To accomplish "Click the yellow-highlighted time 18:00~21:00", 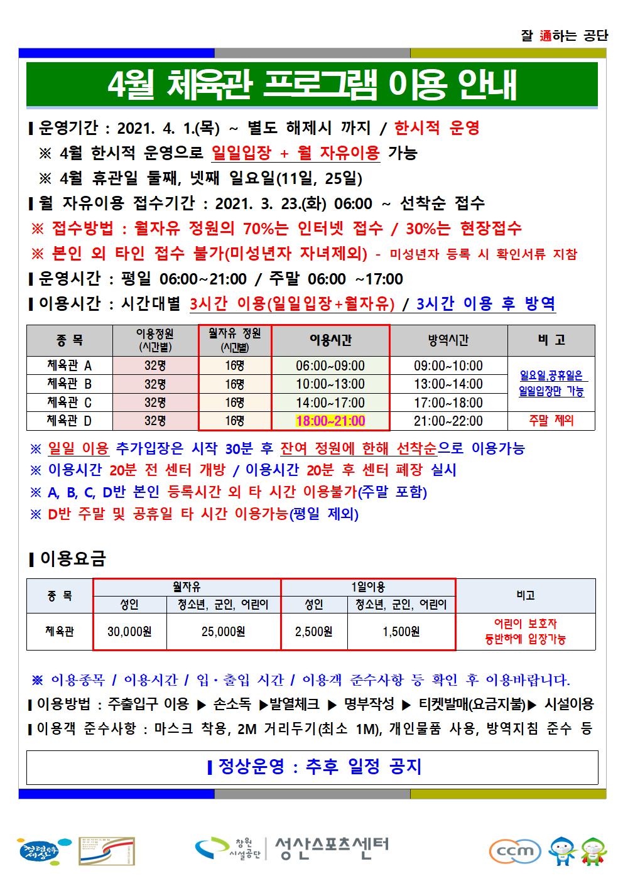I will (x=330, y=421).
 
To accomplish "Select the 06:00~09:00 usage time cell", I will (x=330, y=365).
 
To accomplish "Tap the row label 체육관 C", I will (x=69, y=402).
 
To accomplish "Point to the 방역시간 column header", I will (x=448, y=340).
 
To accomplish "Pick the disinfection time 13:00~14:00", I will (x=448, y=384).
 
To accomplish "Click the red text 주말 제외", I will (x=551, y=420).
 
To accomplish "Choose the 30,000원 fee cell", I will (x=129, y=631).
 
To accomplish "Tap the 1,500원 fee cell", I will (x=401, y=631).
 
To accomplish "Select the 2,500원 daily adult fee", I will (x=313, y=631).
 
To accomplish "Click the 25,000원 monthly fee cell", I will (x=223, y=631).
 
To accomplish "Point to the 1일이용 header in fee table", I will (x=368, y=587).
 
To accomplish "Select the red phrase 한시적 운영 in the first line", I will (x=437, y=128).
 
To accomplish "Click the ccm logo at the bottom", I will (x=515, y=851).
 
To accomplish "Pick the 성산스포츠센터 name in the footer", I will (x=332, y=848).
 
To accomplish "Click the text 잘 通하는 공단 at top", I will (x=565, y=36).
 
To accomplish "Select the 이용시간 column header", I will (x=330, y=340).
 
